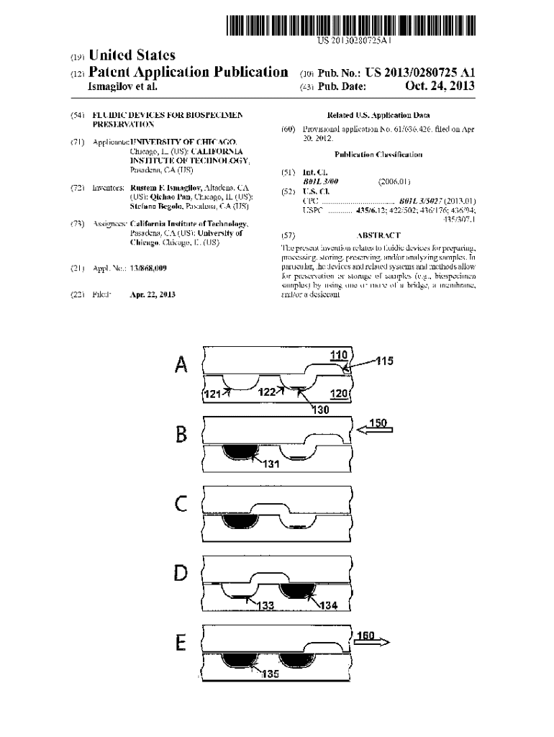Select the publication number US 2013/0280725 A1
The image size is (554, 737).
tap(420, 72)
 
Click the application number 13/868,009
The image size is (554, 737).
tap(148, 268)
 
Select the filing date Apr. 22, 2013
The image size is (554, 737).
tap(153, 294)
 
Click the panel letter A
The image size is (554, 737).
tap(182, 366)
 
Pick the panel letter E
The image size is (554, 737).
tap(182, 642)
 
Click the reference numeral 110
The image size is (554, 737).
tap(338, 355)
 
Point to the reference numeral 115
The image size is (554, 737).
tap(384, 361)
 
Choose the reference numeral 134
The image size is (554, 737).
tap(327, 605)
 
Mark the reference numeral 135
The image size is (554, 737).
tap(270, 674)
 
